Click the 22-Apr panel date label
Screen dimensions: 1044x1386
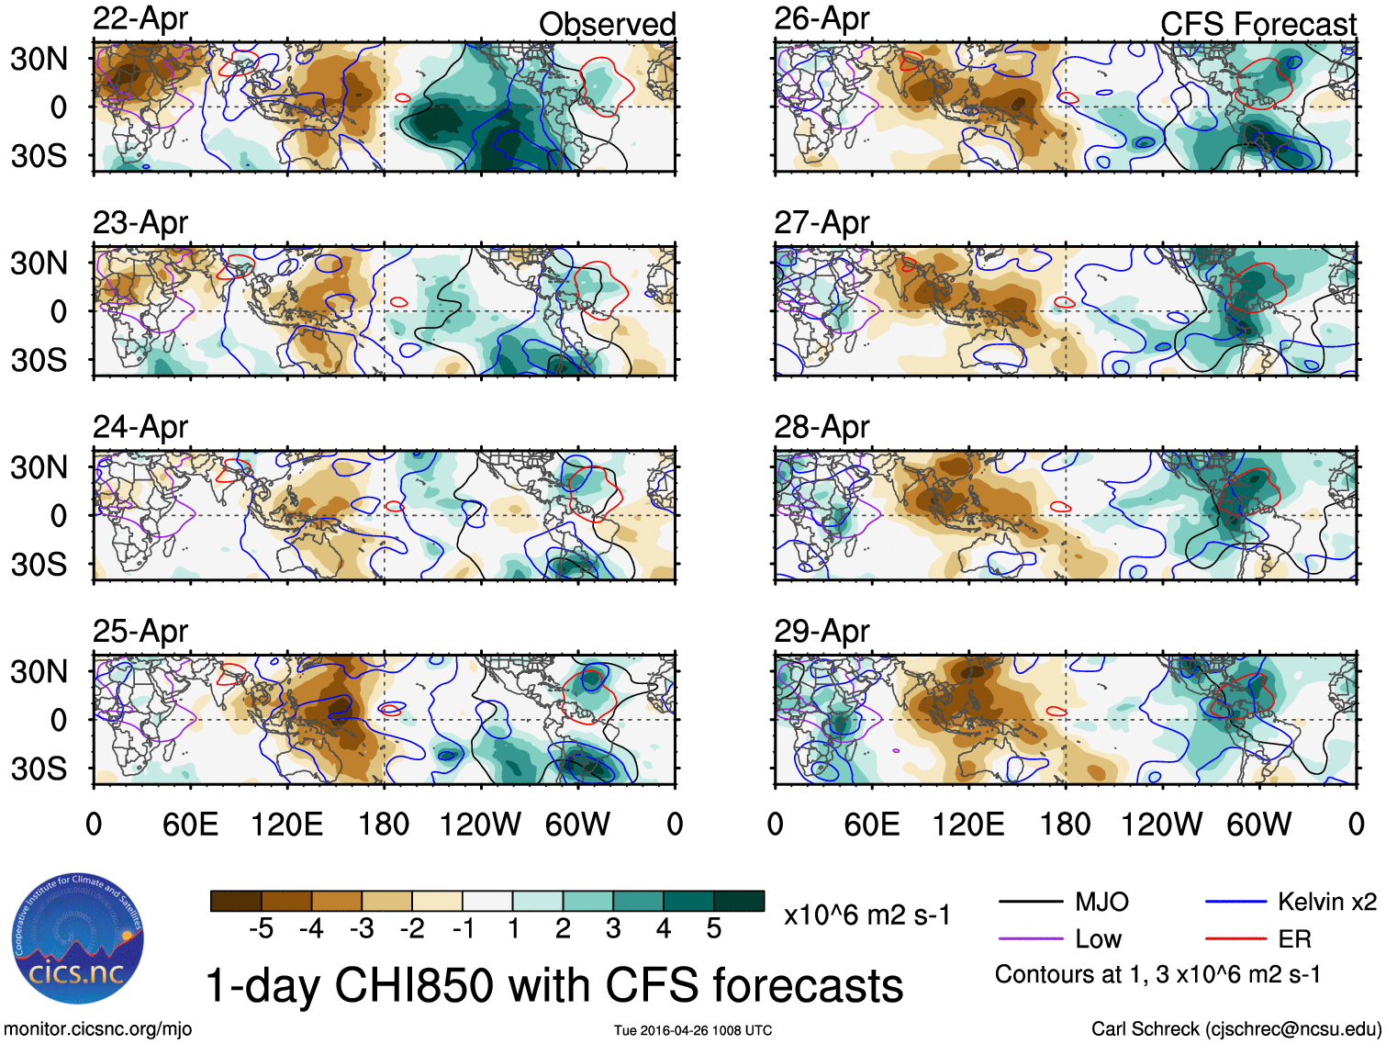coord(140,18)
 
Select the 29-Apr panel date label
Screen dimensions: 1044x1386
coord(822,631)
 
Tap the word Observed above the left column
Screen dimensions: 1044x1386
coord(607,24)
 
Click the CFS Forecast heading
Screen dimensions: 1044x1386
coord(1257,24)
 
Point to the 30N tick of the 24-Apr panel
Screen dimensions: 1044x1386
coord(39,467)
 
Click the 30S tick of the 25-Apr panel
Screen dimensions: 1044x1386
coord(39,769)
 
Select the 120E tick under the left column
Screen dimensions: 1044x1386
coord(287,824)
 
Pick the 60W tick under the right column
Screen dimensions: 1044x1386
coord(1258,824)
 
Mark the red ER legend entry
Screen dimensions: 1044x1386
coord(1294,938)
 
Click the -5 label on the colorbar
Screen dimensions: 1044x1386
coord(261,929)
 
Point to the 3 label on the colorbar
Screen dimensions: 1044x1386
coord(613,929)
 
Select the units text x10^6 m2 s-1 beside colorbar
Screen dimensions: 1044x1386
coord(866,915)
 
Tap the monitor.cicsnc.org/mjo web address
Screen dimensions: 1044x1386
coord(97,1029)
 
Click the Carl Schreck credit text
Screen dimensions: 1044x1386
coord(1235,1029)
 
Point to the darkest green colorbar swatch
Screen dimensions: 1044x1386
coord(739,901)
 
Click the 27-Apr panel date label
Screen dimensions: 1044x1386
coord(822,222)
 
